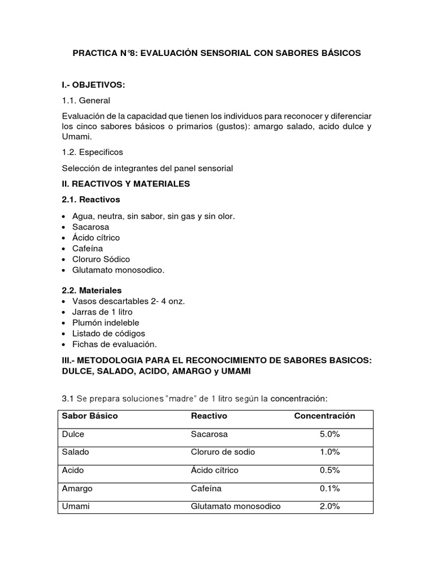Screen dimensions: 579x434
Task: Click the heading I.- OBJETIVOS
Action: [x=93, y=85]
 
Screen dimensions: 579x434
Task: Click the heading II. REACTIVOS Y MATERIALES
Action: [x=125, y=184]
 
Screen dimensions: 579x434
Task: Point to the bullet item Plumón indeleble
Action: [x=106, y=322]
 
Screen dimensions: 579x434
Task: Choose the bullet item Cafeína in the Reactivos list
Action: [x=88, y=248]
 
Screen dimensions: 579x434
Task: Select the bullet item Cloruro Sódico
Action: [x=101, y=259]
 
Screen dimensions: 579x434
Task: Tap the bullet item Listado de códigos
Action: [x=108, y=333]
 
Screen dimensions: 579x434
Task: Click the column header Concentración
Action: [x=324, y=416]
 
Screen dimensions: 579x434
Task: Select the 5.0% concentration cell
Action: [x=329, y=434]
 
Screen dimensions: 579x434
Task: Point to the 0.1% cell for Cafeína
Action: [x=329, y=488]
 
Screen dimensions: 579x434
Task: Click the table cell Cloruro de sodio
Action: [x=223, y=452]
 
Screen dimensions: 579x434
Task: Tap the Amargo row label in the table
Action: [x=77, y=488]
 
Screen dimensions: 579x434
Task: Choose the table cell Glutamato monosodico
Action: [x=236, y=506]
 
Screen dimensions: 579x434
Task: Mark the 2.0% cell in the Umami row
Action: [x=329, y=506]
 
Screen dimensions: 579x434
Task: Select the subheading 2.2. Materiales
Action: [x=92, y=290]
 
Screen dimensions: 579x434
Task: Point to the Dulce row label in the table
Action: [x=73, y=434]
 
